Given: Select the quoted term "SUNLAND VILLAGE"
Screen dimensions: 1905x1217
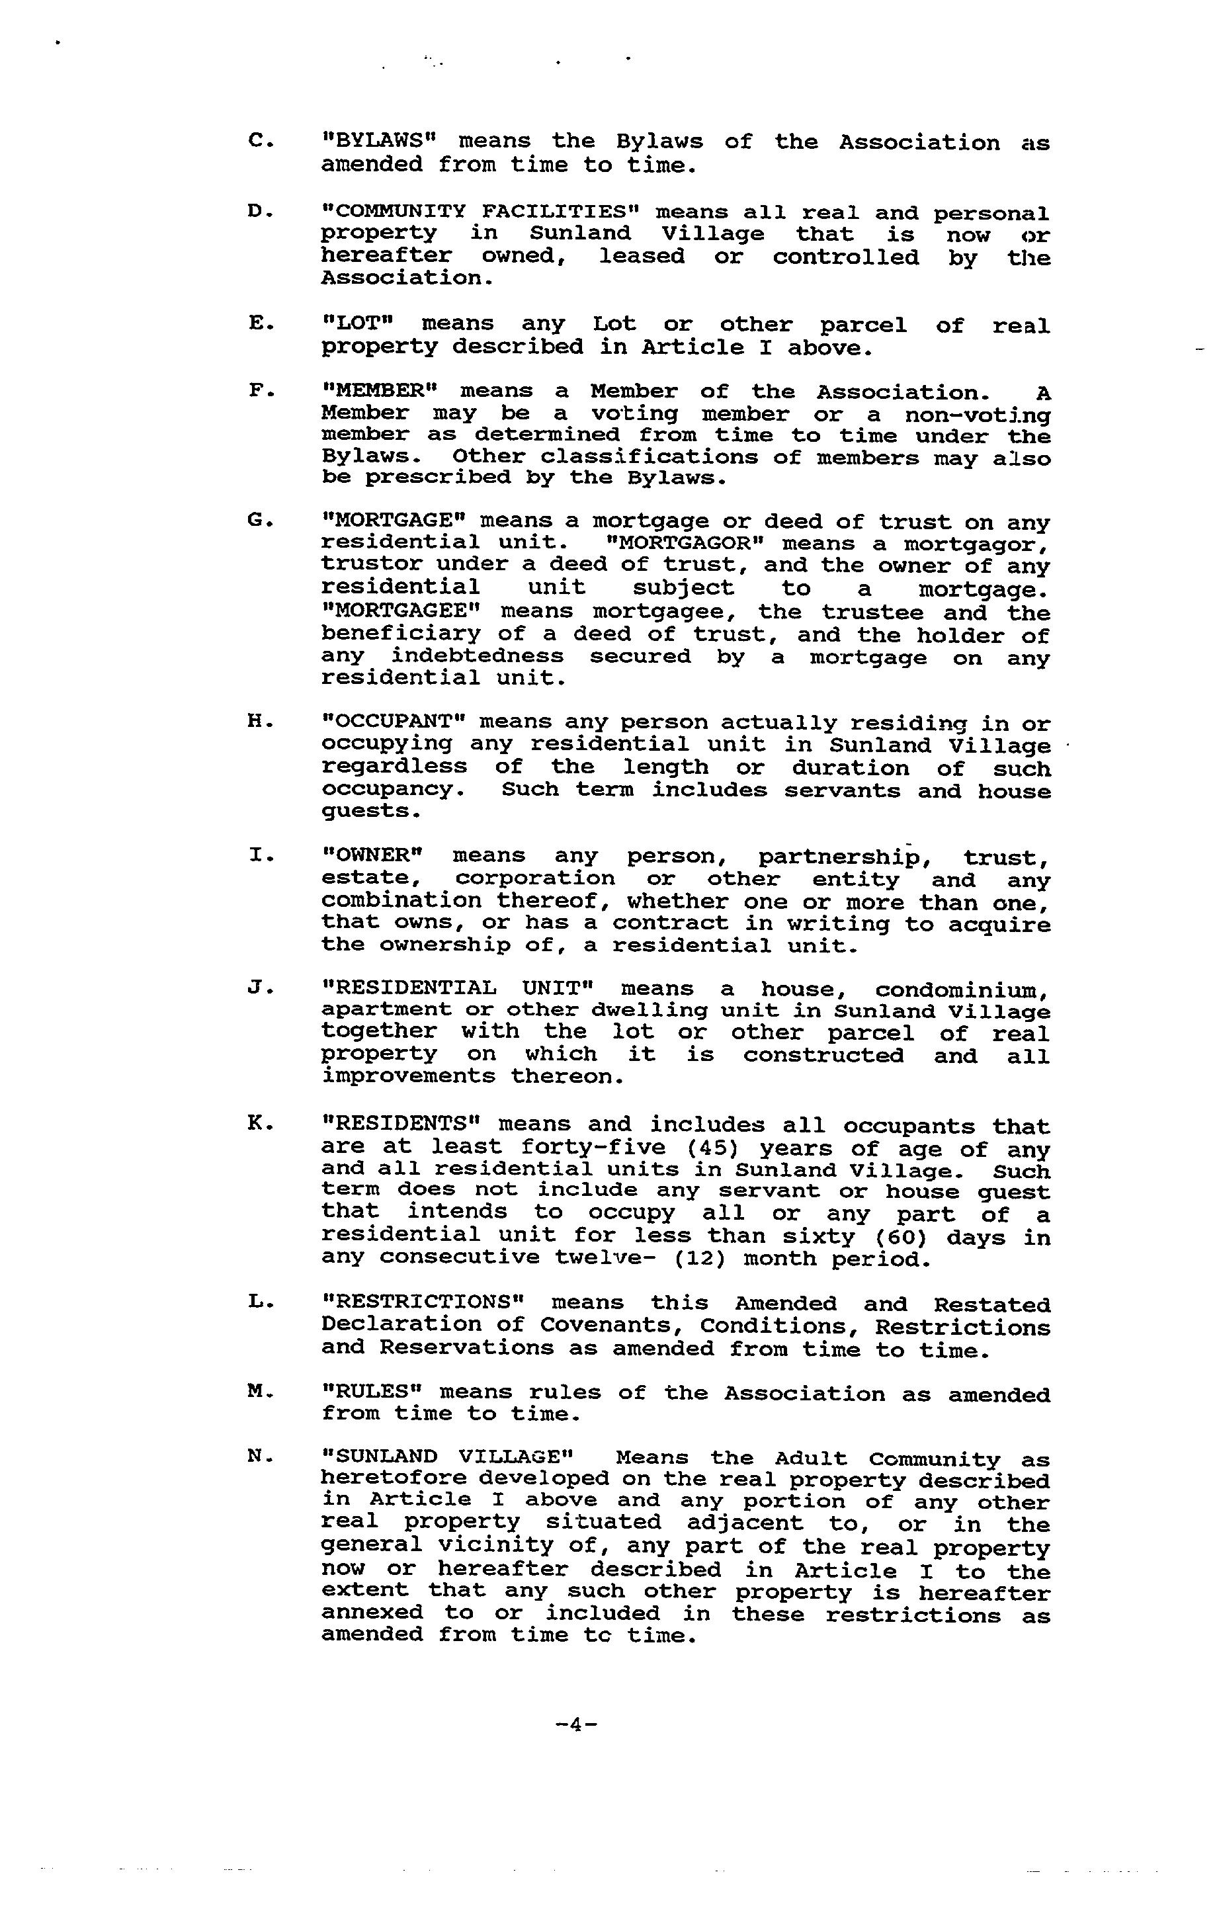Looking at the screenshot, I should (x=448, y=1457).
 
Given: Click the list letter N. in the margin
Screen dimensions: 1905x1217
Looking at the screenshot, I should (x=261, y=1456).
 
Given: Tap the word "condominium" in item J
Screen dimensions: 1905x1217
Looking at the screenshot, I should (x=962, y=990).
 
